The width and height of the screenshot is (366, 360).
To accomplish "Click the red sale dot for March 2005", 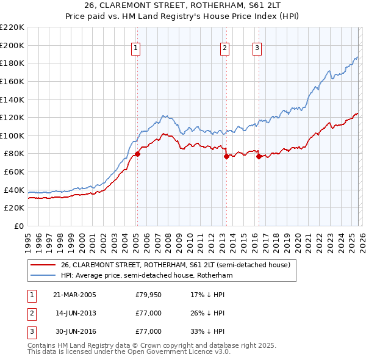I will [x=137, y=154].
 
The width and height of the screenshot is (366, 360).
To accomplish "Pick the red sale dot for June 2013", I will [x=226, y=156].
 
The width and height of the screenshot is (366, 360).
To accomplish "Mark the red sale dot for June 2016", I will [x=259, y=156].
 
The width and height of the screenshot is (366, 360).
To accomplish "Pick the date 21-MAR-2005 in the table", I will [x=74, y=295].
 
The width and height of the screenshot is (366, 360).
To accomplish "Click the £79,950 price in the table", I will [x=148, y=295].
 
